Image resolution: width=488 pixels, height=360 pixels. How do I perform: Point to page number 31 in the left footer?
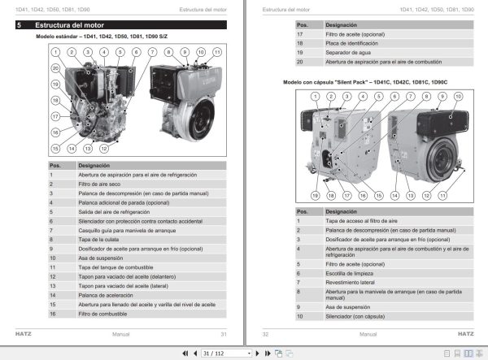pyautogui.click(x=223, y=334)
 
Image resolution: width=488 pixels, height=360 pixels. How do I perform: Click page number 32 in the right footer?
pyautogui.click(x=265, y=334)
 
